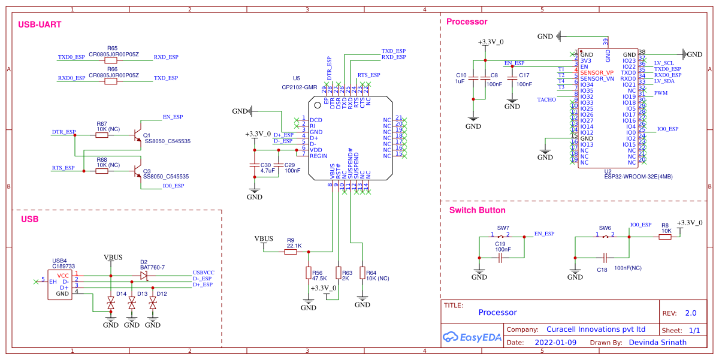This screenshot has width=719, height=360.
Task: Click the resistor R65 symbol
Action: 111,60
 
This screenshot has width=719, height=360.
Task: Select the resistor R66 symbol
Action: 111,81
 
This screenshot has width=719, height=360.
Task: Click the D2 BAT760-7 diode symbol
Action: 144,276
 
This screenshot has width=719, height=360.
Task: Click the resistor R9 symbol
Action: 291,252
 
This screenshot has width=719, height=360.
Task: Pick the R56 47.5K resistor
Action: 309,274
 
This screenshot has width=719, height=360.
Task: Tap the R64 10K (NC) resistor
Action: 362,273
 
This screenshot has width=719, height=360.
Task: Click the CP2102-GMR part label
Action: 299,87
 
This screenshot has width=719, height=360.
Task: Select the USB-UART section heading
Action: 40,25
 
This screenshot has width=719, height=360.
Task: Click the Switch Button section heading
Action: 478,210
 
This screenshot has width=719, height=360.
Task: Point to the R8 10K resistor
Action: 665,237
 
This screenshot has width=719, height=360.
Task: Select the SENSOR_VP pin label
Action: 597,72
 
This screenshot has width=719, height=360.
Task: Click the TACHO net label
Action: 546,100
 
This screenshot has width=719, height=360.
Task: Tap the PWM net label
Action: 660,93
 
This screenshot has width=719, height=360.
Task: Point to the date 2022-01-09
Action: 554,343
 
